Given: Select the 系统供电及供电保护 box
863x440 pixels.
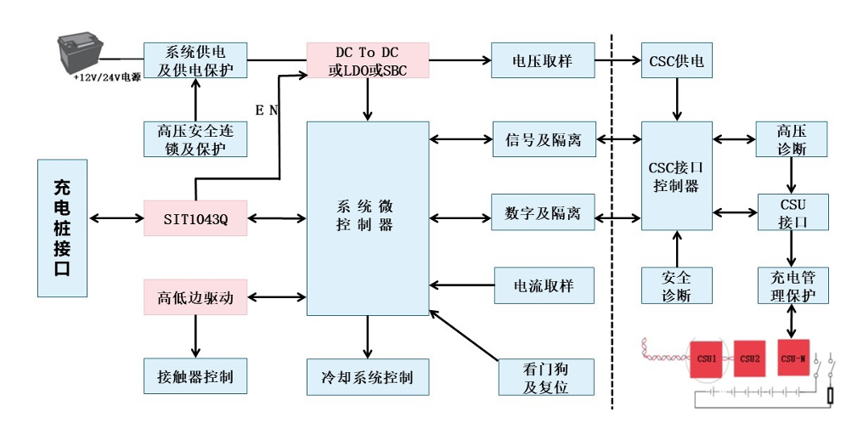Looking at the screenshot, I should click(195, 60).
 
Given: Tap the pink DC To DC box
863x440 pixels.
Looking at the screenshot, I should click(368, 61).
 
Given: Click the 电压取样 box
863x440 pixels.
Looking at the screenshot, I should click(542, 61).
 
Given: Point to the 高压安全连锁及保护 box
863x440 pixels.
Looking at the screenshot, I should click(195, 139).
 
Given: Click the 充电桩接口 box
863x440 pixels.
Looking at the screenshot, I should click(62, 228).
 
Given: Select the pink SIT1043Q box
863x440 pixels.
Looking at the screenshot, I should click(195, 218).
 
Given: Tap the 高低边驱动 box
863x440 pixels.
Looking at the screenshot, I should click(195, 298).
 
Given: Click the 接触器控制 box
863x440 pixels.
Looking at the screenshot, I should click(195, 375).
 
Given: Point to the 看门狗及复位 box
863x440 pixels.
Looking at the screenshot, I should click(545, 376).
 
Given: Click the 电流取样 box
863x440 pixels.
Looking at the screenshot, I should click(544, 285).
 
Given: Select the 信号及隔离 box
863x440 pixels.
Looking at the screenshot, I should click(544, 139).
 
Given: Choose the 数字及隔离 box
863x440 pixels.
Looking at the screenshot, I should click(544, 212).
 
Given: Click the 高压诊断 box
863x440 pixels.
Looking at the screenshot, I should click(792, 139).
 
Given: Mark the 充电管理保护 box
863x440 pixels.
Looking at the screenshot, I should click(792, 285).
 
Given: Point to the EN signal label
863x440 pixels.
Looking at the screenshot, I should click(267, 110).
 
